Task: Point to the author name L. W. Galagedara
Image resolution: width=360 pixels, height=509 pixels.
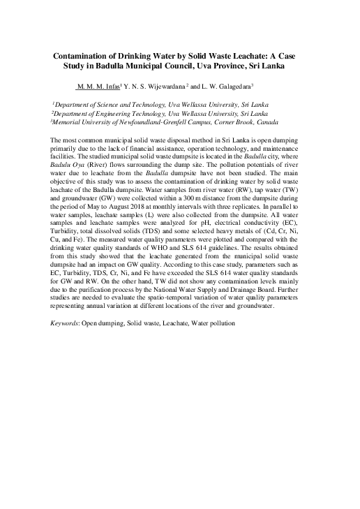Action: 225,86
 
